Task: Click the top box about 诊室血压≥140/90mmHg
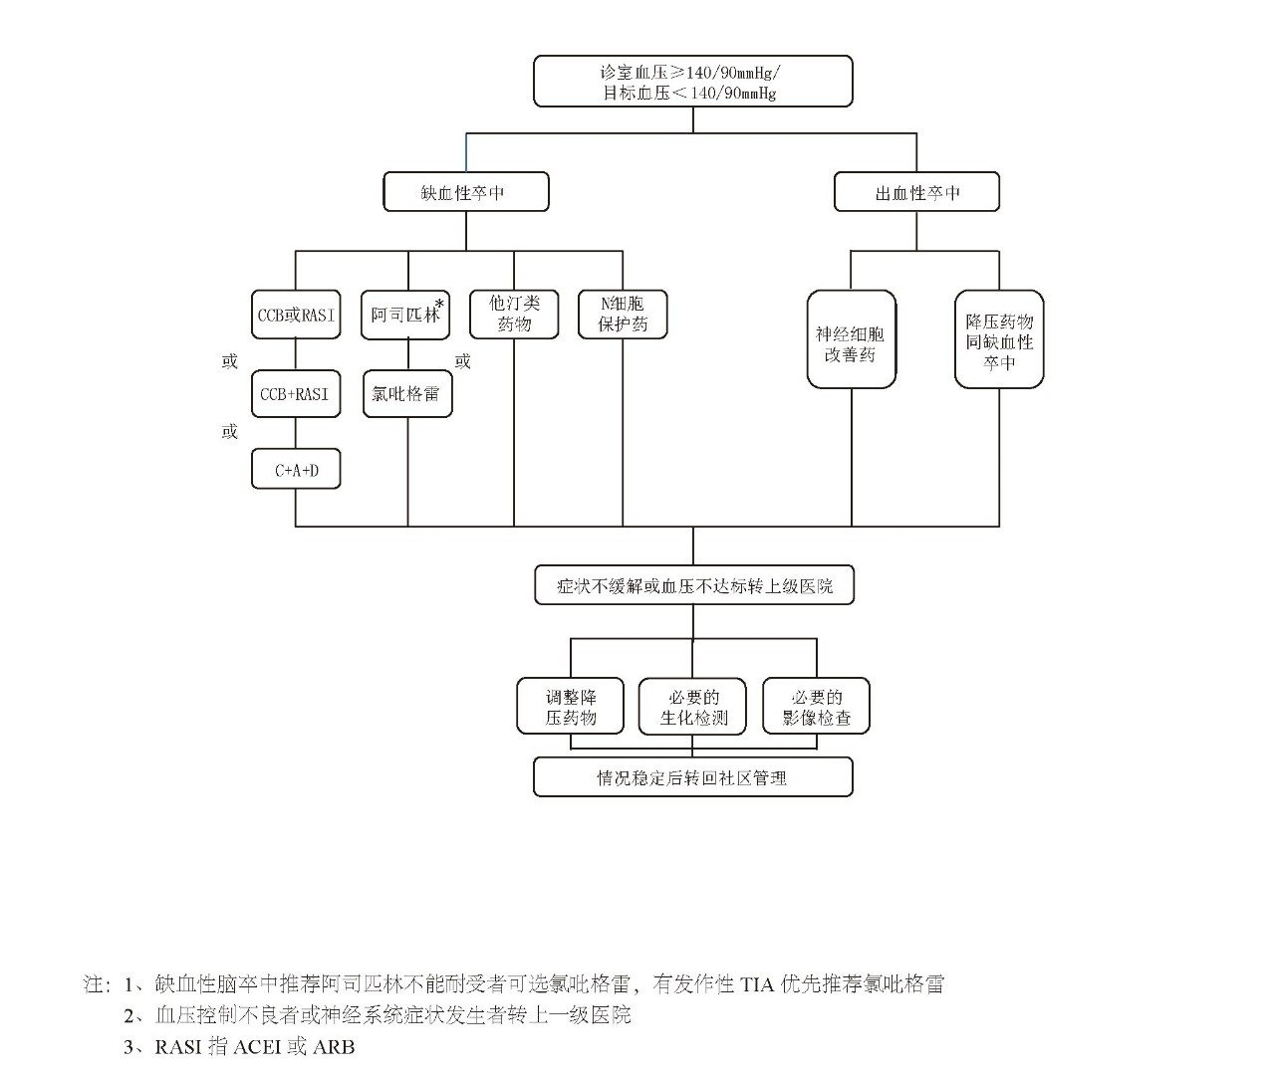point(692,82)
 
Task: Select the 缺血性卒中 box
point(465,192)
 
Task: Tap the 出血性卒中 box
point(915,192)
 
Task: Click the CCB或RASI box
point(296,316)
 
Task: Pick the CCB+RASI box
point(296,394)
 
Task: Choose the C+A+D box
point(296,470)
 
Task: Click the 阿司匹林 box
point(404,316)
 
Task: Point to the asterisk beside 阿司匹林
point(439,304)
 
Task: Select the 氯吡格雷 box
point(406,394)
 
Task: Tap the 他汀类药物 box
point(514,314)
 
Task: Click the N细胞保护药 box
point(623,314)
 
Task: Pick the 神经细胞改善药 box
point(851,339)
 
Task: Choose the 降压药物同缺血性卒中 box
point(999,339)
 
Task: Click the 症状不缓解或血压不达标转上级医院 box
point(693,586)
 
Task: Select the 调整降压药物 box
point(571,707)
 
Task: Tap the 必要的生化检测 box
point(693,707)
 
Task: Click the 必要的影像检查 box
point(817,707)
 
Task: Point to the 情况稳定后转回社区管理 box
point(693,777)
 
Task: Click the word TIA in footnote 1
point(758,985)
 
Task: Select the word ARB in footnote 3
point(334,1047)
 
